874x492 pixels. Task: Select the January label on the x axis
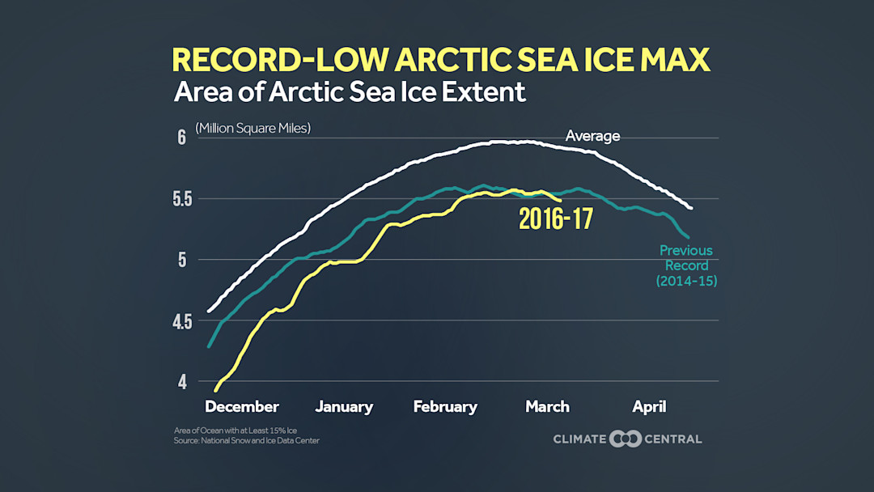(344, 407)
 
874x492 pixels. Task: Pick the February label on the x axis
(445, 407)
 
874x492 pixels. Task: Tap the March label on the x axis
(547, 407)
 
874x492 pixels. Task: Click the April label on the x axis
(649, 407)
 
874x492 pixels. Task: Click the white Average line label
(592, 136)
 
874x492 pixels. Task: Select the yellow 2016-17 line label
(555, 219)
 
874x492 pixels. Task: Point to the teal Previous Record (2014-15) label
(686, 265)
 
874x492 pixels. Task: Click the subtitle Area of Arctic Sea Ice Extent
(350, 91)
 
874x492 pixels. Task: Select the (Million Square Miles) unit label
(252, 129)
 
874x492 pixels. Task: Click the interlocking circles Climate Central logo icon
(626, 439)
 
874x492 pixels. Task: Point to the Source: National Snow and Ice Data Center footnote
(247, 441)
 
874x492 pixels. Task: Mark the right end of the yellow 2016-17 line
(561, 201)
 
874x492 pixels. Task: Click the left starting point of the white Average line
(209, 311)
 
